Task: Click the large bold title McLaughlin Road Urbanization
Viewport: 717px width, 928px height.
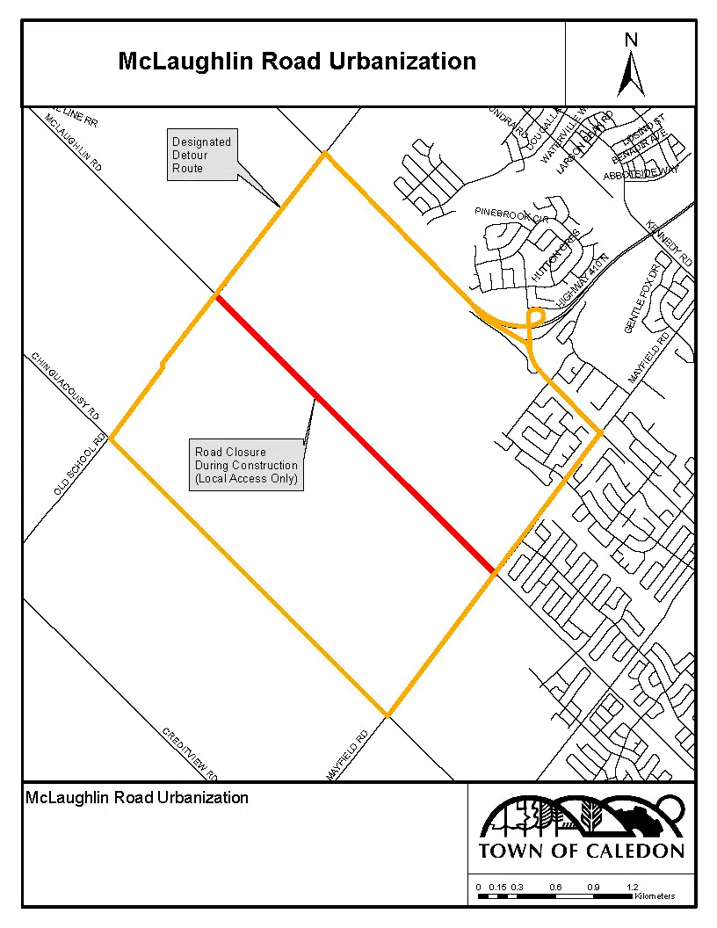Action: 297,62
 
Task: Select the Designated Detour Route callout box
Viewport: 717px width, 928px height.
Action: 201,155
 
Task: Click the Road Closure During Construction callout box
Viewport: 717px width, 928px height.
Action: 246,466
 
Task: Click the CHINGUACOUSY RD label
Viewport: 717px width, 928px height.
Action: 66,386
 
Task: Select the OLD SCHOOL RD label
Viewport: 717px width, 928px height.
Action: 80,464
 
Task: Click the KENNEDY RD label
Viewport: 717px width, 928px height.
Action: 670,243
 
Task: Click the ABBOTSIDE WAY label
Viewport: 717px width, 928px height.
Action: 641,175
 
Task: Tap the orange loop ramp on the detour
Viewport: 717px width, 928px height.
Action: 534,317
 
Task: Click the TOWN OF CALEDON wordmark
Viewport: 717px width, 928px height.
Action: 581,851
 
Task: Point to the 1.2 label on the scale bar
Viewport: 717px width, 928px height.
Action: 633,887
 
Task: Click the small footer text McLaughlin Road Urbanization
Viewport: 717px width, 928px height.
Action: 137,798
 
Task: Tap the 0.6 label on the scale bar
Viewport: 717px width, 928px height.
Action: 555,887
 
